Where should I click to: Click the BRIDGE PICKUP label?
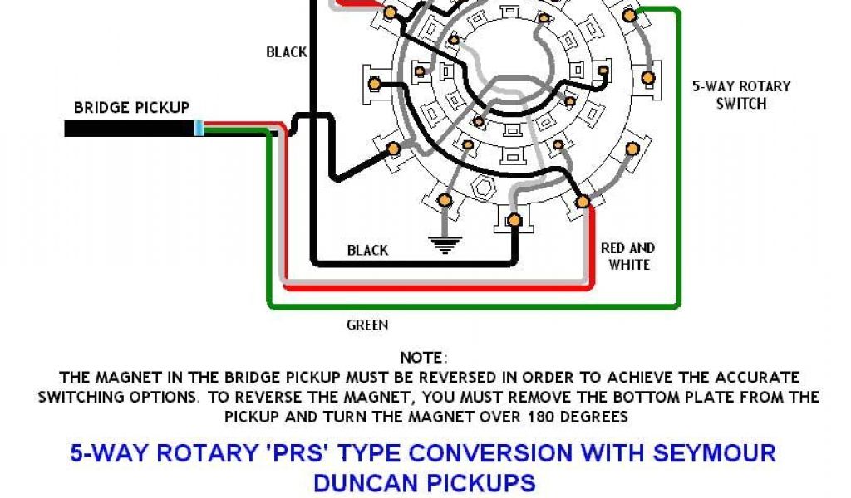[x=131, y=108]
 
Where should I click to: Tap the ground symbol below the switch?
[x=446, y=244]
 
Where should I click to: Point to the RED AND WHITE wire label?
[x=627, y=256]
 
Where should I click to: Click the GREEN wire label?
[x=366, y=325]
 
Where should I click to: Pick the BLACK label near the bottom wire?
[x=367, y=250]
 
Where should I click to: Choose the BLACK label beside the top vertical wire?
[x=287, y=52]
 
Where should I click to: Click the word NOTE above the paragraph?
[x=423, y=358]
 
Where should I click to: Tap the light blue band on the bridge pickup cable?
[x=199, y=129]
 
